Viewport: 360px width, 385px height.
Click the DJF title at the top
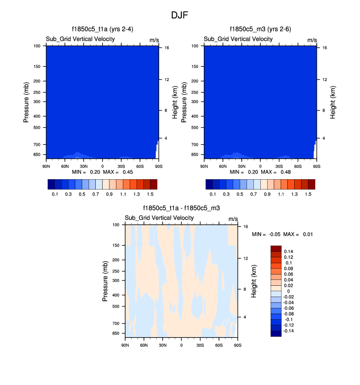[x=179, y=15]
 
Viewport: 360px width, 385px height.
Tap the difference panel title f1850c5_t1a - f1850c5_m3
[x=181, y=208]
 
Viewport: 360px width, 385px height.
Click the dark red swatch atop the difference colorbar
[x=276, y=248]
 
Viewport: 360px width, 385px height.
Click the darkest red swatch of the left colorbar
[x=153, y=185]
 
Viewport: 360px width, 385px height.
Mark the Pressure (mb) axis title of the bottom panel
[x=106, y=281]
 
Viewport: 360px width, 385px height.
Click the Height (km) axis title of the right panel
[x=333, y=102]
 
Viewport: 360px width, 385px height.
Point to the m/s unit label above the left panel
[x=154, y=39]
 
